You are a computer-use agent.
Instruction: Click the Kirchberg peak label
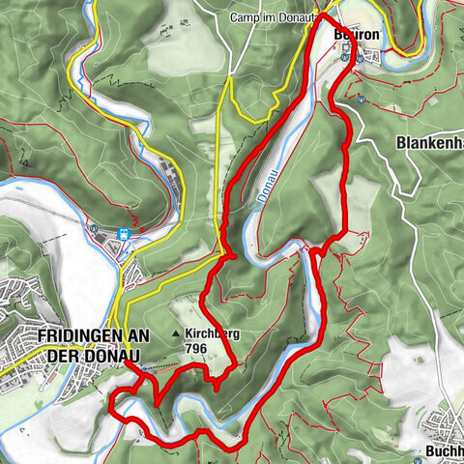click(x=213, y=334)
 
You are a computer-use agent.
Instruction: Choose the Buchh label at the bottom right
click(x=444, y=450)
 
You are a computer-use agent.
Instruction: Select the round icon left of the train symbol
click(x=95, y=229)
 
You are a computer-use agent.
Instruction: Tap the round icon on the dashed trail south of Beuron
click(x=359, y=98)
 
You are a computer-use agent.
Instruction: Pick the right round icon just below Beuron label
click(x=359, y=57)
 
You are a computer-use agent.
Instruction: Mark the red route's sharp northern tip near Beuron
click(x=322, y=16)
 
